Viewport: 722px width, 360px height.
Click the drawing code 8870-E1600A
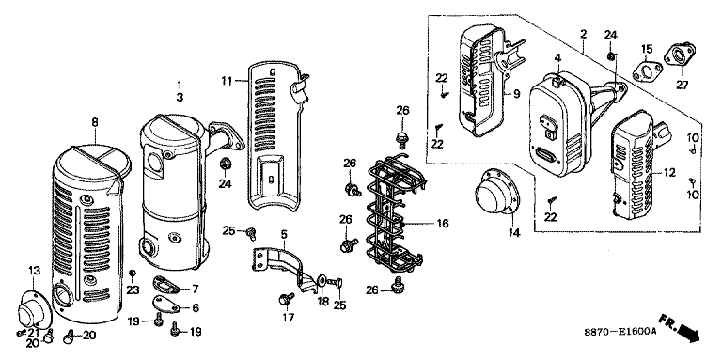pos(620,332)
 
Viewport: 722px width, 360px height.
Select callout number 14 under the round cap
pos(514,234)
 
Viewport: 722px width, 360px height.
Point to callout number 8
pos(95,122)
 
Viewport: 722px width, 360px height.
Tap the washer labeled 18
pos(322,280)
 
